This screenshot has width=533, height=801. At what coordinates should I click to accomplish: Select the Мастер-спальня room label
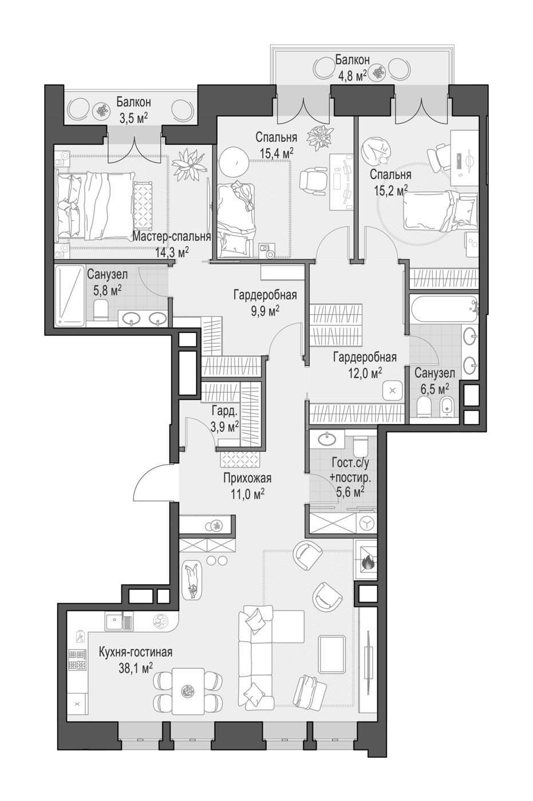click(171, 237)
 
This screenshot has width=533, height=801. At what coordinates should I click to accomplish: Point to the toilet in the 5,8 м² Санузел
click(101, 308)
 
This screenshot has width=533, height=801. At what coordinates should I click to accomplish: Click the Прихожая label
click(247, 478)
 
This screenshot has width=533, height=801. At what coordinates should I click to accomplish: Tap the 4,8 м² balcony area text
click(352, 75)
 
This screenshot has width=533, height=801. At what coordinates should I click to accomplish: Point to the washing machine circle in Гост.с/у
click(366, 522)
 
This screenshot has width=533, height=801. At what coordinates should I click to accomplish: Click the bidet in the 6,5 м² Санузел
click(447, 406)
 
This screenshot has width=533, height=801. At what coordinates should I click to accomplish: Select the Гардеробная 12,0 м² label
click(365, 365)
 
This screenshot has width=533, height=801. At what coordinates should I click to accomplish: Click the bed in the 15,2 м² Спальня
click(440, 211)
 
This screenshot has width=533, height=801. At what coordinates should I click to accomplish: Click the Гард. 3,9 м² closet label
click(224, 419)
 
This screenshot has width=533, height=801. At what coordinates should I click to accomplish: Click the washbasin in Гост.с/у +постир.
click(327, 439)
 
